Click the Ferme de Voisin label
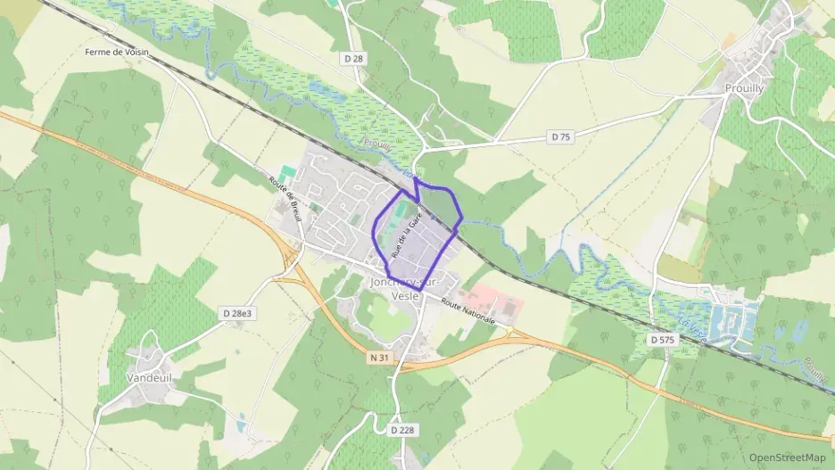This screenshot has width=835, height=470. (x=116, y=53)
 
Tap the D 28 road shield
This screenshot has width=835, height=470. (x=354, y=59)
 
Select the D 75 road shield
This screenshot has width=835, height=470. (x=560, y=137)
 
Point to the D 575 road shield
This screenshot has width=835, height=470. (x=662, y=340)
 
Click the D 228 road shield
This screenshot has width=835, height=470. (x=403, y=430)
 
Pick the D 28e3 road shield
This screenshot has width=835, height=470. (x=237, y=313)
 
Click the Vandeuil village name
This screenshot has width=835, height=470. (x=149, y=377)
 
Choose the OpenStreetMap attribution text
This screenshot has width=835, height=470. (x=787, y=458)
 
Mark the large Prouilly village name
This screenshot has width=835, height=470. (x=744, y=88)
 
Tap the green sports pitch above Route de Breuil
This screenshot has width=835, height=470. (x=286, y=171)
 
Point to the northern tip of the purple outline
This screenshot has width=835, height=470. (x=415, y=177)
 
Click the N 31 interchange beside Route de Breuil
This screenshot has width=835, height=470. (x=290, y=259)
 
